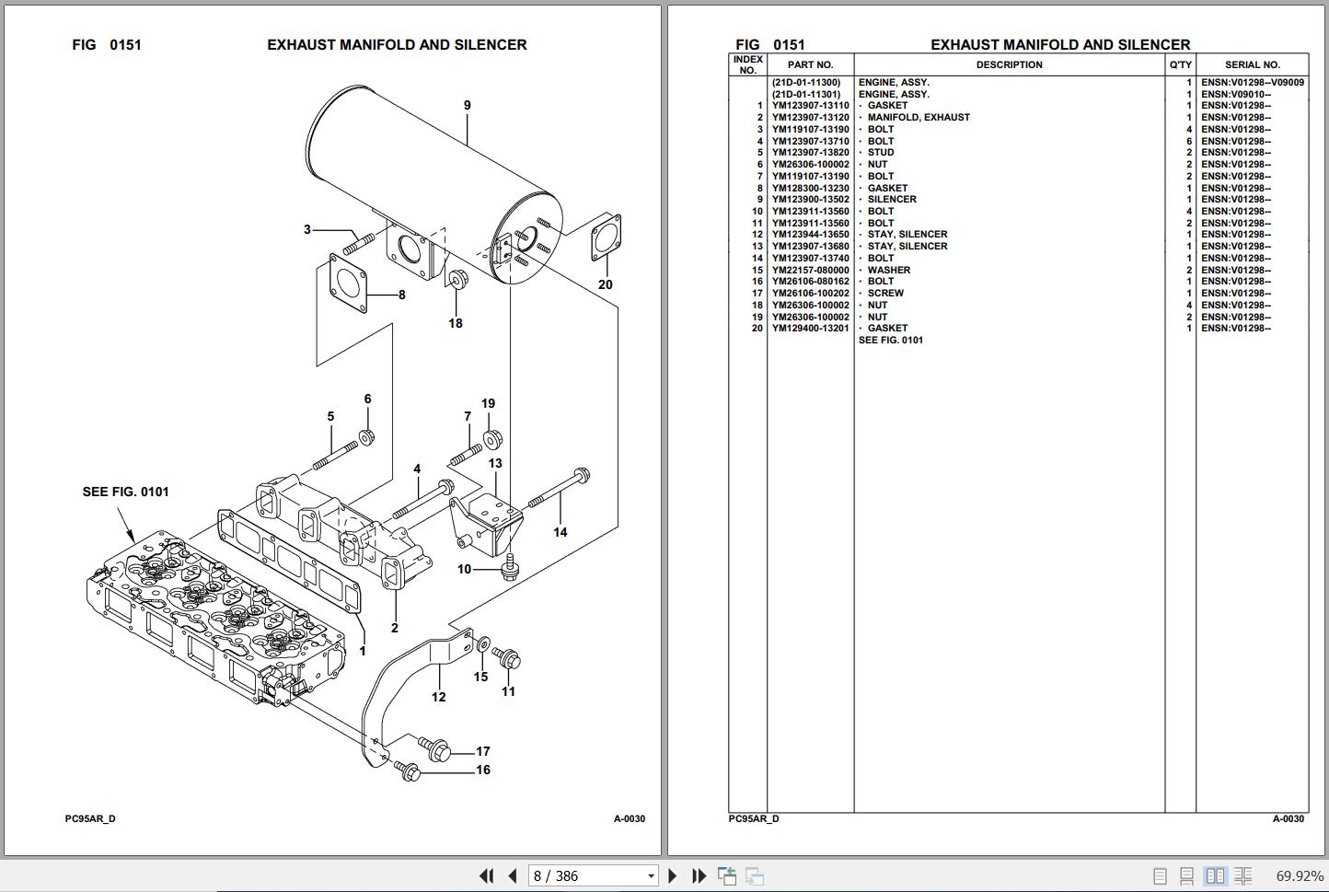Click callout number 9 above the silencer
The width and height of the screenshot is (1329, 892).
(467, 106)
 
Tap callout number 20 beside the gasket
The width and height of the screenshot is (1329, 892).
(605, 284)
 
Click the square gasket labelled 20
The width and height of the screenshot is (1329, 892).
(607, 237)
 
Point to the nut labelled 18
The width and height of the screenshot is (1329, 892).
(456, 279)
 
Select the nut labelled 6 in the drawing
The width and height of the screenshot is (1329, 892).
(366, 436)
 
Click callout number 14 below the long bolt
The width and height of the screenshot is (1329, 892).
(560, 532)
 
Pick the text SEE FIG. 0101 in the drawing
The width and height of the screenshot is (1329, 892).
(126, 492)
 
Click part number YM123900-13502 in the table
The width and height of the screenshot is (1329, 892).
(810, 200)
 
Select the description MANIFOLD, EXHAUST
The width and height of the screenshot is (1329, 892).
(918, 118)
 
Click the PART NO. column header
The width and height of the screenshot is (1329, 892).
(810, 65)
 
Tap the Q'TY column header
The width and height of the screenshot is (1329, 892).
(1180, 65)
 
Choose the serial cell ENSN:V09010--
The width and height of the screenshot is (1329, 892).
(1235, 94)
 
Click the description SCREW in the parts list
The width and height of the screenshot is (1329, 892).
(885, 294)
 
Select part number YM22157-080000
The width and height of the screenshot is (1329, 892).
(810, 271)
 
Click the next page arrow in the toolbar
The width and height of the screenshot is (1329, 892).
(672, 876)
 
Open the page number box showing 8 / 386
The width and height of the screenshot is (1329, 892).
(594, 876)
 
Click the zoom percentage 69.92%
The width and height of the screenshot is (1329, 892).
(1299, 876)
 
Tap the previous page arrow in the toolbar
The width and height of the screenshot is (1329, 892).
(513, 876)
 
